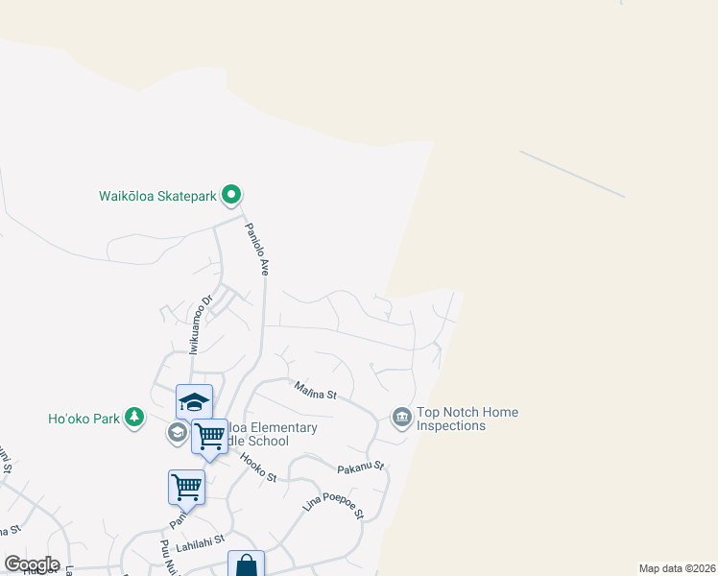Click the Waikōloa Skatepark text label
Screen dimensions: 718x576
pos(158,196)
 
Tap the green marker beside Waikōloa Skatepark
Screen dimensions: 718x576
pos(231,196)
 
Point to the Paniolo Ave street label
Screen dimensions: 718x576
pos(255,249)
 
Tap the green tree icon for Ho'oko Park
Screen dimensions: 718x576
pos(135,417)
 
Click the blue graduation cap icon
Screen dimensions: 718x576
pos(194,401)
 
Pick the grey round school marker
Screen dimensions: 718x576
pos(177,433)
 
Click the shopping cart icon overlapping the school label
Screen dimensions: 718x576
pos(209,437)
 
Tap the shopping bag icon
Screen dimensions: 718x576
pos(246,565)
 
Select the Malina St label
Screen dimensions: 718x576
pos(316,391)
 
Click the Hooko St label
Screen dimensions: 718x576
pos(258,469)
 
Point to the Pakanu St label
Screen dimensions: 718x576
pos(361,468)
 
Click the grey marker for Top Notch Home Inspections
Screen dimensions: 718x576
pos(401,417)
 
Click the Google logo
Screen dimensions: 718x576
pos(32,564)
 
